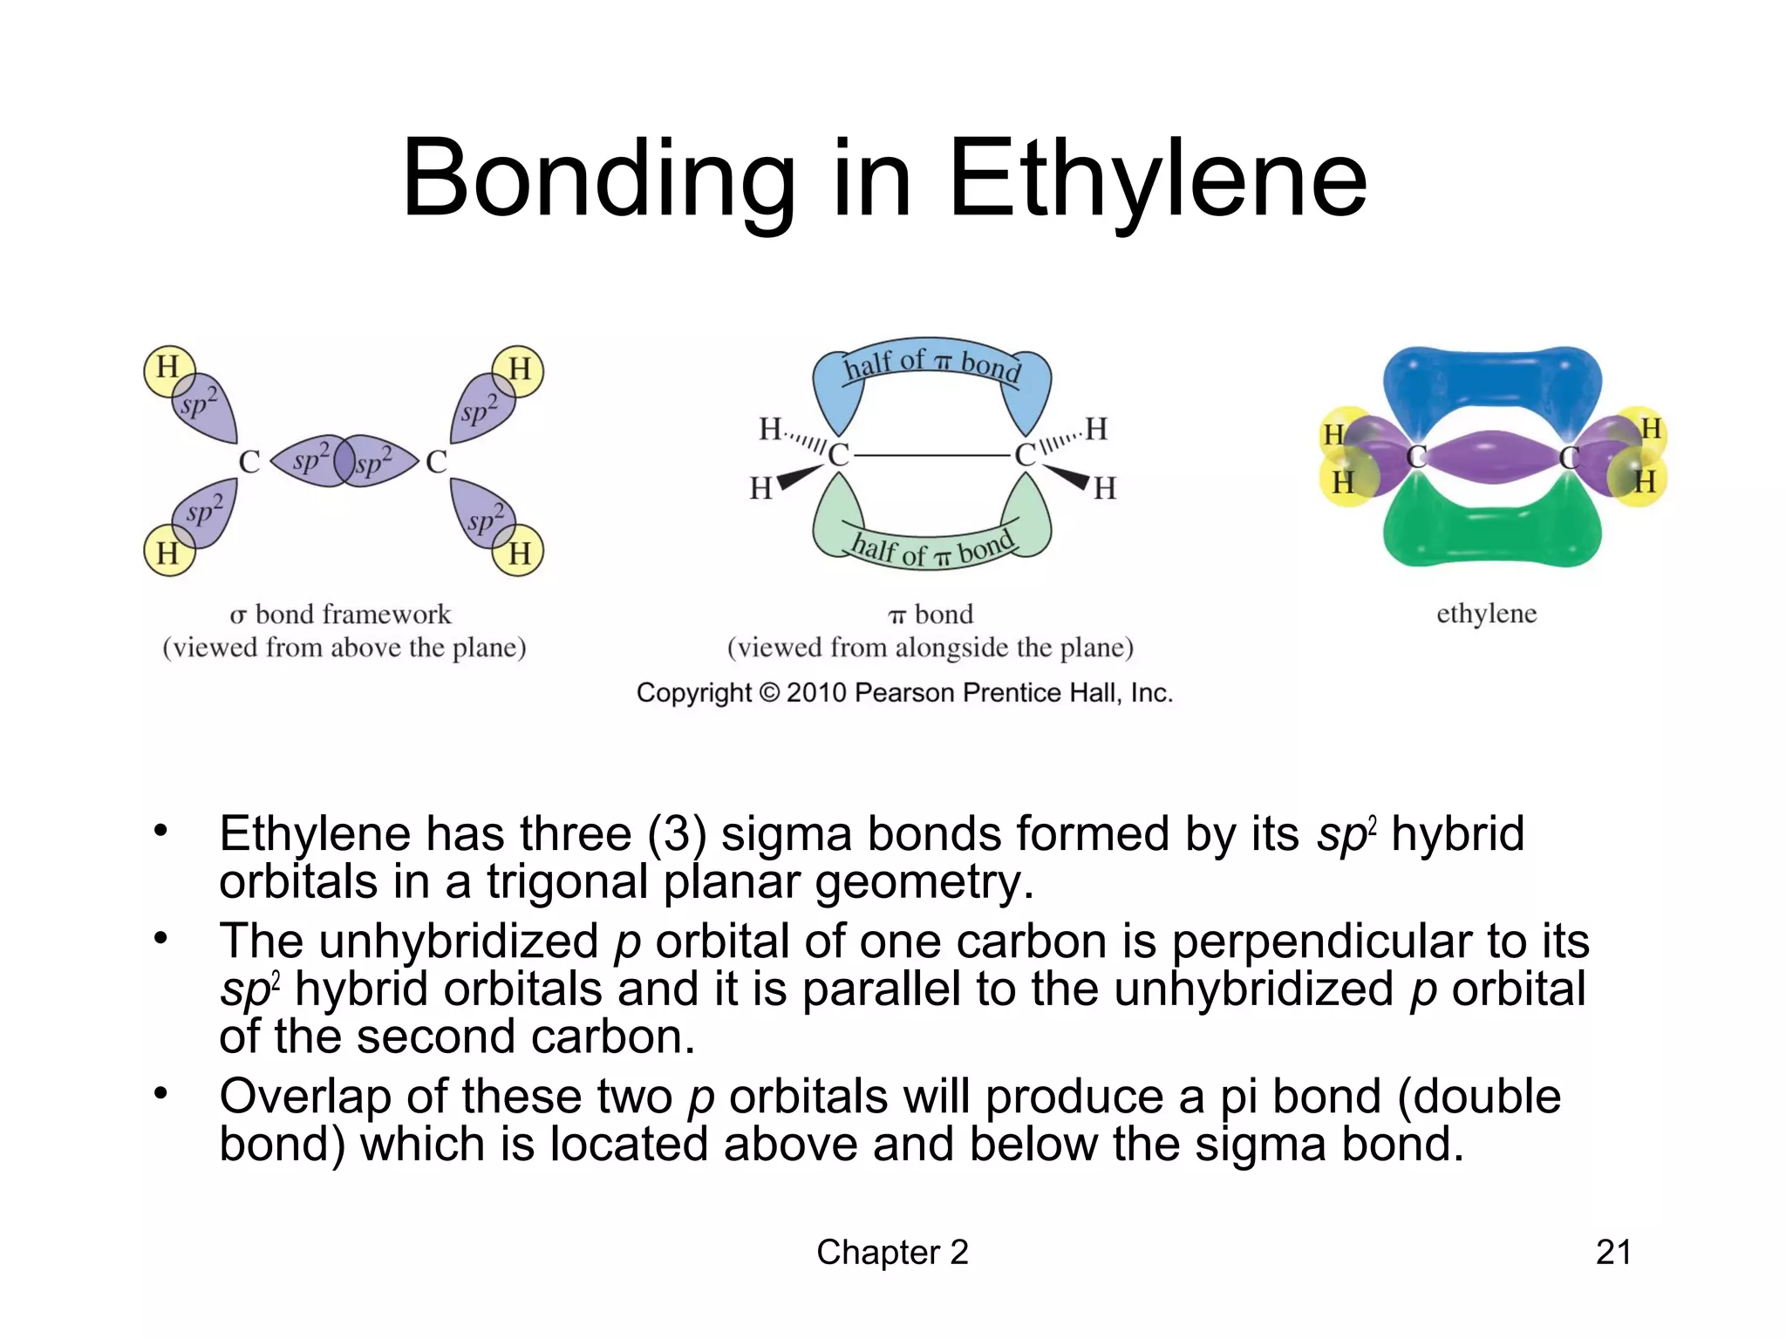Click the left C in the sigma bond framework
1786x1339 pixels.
coord(249,462)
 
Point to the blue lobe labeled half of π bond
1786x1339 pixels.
coord(931,370)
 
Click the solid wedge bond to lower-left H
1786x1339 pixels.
coord(799,477)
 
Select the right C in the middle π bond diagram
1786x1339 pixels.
coord(1025,455)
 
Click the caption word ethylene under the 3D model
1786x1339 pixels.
coord(1486,614)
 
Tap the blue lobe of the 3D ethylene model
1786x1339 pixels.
coord(1491,379)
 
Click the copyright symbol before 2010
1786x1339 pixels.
coord(768,693)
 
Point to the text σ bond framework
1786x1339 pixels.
coord(340,615)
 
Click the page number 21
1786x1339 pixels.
coord(1612,1253)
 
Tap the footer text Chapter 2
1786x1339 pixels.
coord(892,1253)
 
